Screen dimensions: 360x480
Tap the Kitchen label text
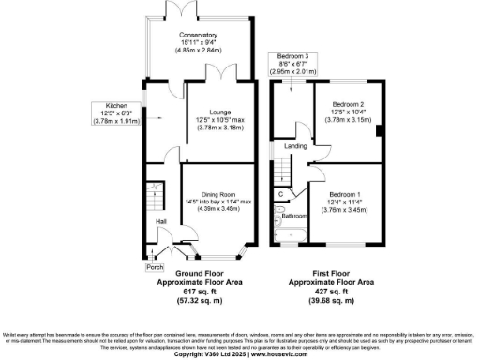(x=116, y=105)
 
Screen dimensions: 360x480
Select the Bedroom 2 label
(x=347, y=103)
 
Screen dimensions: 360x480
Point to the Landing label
(x=296, y=145)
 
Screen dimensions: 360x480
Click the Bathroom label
(x=294, y=215)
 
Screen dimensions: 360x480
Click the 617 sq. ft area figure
(x=199, y=292)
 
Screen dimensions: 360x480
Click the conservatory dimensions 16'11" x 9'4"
(x=199, y=42)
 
